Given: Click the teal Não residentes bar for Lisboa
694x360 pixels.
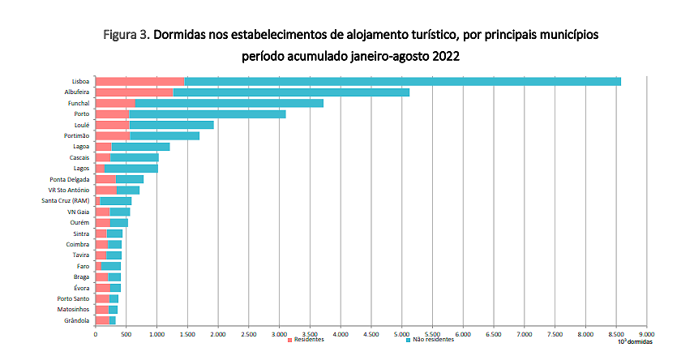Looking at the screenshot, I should (403, 81).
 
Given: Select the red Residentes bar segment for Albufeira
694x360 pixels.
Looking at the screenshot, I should (135, 92).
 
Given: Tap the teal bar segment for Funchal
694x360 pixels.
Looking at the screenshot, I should (229, 103).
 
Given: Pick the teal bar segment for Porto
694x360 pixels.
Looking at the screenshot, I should (207, 114).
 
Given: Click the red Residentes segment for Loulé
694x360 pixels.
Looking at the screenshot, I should (112, 125).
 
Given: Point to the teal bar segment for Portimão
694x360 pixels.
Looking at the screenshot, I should (164, 135).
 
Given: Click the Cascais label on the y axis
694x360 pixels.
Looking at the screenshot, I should (79, 157).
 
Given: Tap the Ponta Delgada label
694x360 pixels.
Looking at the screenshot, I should (69, 178).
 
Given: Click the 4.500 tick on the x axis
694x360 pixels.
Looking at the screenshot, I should (371, 332).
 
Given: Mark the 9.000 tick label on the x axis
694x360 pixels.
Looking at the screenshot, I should (646, 332).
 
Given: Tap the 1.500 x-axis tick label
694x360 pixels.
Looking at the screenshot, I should (187, 332).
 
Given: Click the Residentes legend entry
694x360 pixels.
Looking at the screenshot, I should (307, 339).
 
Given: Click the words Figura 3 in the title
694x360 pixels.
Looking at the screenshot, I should (126, 36).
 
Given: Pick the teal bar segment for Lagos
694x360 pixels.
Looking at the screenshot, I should (131, 168).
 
